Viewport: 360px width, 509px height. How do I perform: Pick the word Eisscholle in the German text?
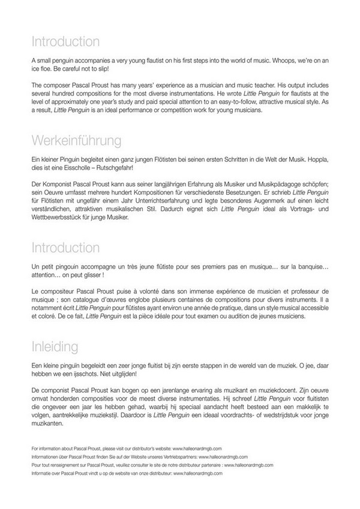click(70, 170)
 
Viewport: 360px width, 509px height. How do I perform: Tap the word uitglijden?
click(125, 374)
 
